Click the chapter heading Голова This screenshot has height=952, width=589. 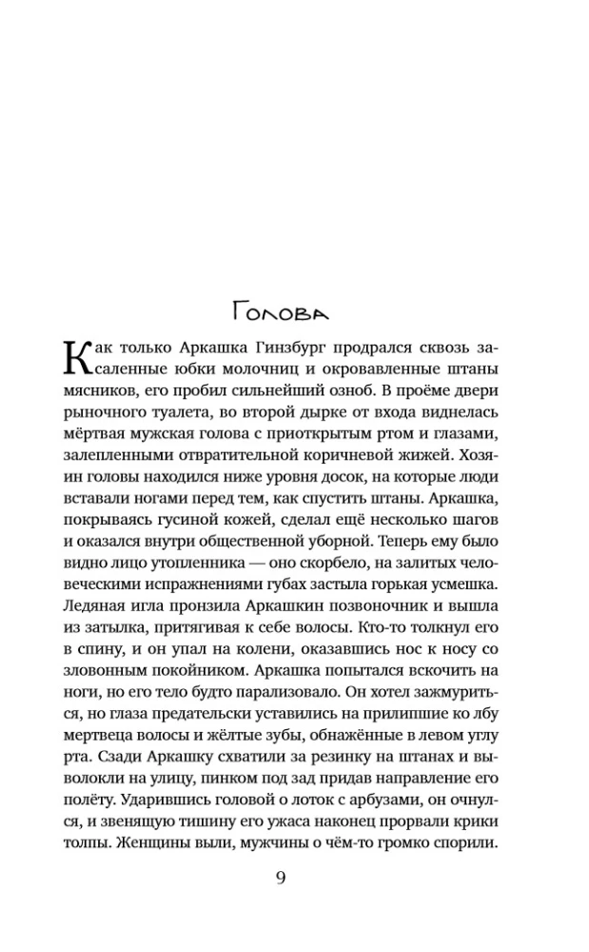pyautogui.click(x=281, y=311)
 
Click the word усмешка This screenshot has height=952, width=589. pyautogui.click(x=462, y=590)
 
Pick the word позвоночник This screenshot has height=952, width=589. pyautogui.click(x=363, y=612)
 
